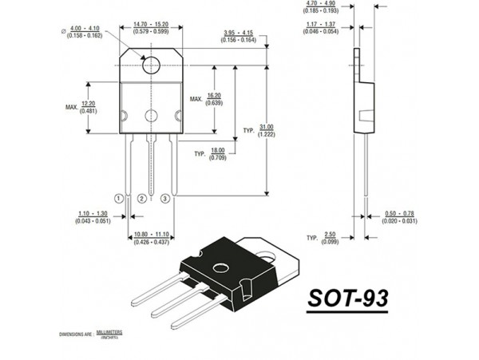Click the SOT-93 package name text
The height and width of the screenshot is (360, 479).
348,299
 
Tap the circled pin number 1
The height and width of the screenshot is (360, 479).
119,197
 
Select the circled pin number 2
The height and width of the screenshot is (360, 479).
141,197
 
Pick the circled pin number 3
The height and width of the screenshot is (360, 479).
164,197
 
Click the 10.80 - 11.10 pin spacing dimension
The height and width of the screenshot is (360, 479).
151,237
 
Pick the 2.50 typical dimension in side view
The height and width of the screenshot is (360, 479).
330,238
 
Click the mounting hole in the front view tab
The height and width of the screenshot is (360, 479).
152,65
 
